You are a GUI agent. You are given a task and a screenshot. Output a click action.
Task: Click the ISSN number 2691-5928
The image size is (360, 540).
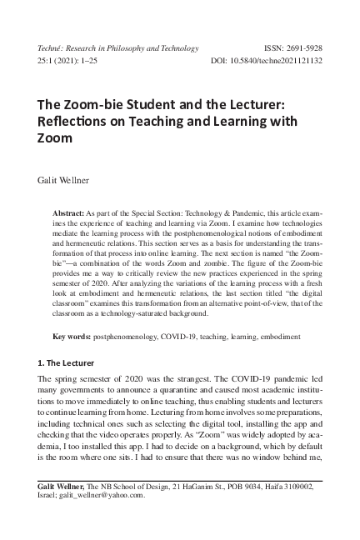tap(308, 49)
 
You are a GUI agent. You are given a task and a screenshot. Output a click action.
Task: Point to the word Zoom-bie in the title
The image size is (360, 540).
tap(97, 107)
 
